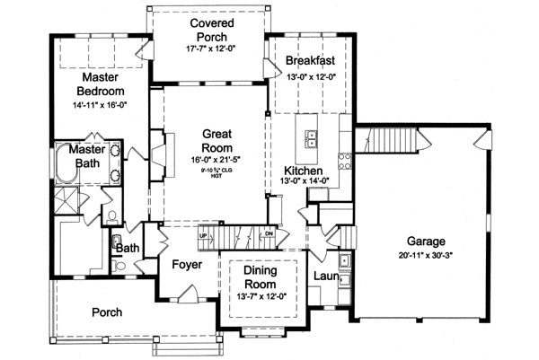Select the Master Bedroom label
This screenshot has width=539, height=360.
(x=100, y=83)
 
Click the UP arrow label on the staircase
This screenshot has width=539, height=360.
(x=204, y=234)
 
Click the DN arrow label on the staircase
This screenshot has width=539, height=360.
(x=268, y=234)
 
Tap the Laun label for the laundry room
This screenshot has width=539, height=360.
(x=325, y=277)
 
